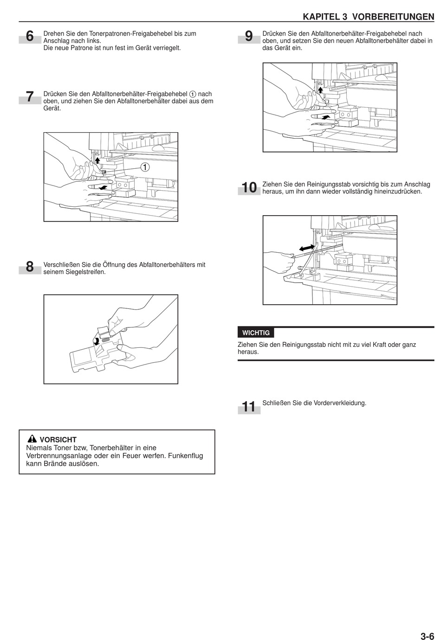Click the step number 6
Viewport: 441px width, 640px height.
pos(30,36)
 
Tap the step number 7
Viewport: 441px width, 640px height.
pos(30,97)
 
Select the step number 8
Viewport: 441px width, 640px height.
pos(30,267)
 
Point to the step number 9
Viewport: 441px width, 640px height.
pos(249,36)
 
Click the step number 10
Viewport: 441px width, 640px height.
pos(249,187)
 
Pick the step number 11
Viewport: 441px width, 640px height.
pos(249,407)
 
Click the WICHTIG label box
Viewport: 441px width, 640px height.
pos(256,333)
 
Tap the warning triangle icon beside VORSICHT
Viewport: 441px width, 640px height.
pos(32,439)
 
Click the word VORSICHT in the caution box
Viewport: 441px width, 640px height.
pos(58,440)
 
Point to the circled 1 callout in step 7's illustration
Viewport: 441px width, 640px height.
pos(145,167)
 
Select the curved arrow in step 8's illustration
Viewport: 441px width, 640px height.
pos(96,341)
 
